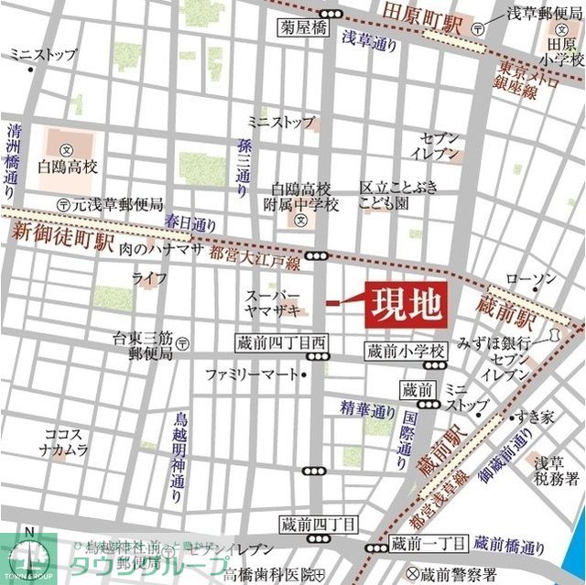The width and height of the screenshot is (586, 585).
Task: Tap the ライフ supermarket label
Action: [x=149, y=277]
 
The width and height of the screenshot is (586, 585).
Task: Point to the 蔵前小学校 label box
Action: [x=405, y=351]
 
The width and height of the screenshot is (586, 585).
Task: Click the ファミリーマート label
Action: [x=250, y=374]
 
